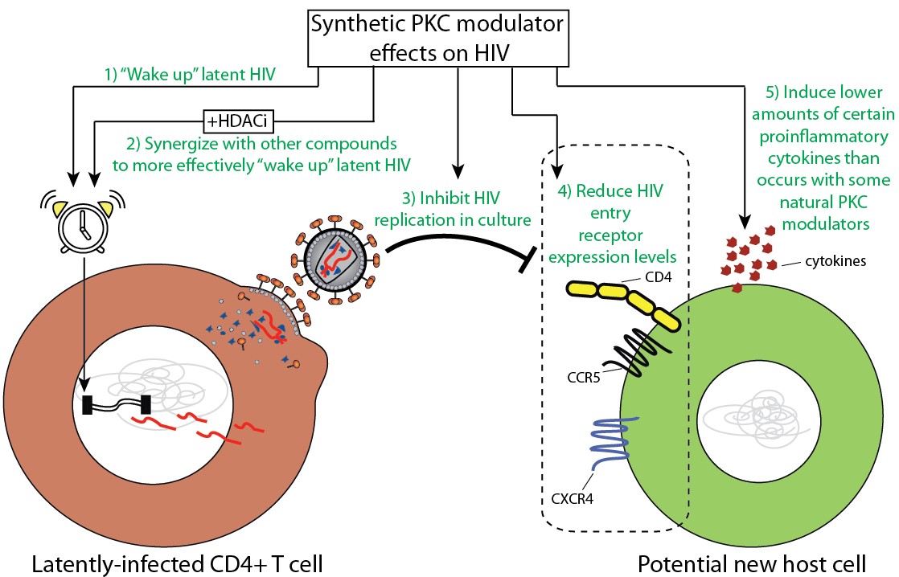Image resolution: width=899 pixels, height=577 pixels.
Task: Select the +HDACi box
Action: (x=239, y=121)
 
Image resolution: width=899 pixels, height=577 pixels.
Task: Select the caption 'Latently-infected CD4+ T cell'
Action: (x=177, y=563)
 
